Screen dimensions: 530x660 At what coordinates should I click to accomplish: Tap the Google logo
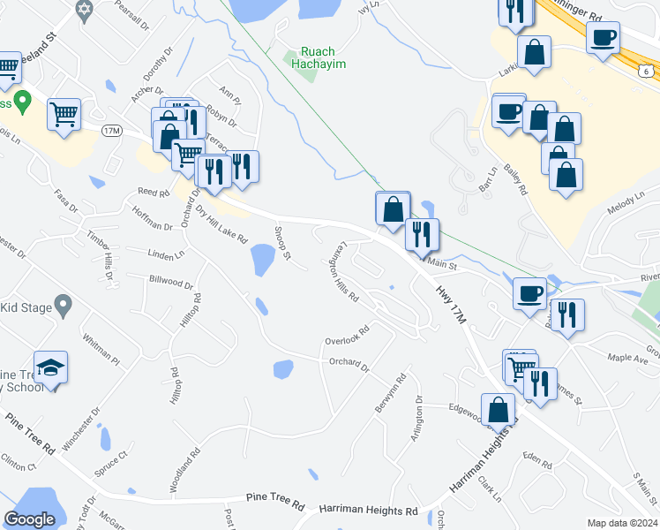[x=29, y=520]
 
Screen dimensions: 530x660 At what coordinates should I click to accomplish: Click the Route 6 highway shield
[x=648, y=70]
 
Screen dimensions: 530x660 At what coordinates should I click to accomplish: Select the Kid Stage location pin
[x=62, y=306]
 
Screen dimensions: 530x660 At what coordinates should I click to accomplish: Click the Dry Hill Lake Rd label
[x=221, y=225]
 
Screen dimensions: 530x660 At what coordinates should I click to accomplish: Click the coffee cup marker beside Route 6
[x=604, y=39]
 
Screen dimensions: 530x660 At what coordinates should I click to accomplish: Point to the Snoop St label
[x=282, y=241]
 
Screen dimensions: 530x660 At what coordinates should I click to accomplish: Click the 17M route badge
[x=111, y=131]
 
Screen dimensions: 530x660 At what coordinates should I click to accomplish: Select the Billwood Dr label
[x=171, y=282]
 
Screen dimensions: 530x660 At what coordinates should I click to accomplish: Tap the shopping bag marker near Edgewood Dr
[x=499, y=409]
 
